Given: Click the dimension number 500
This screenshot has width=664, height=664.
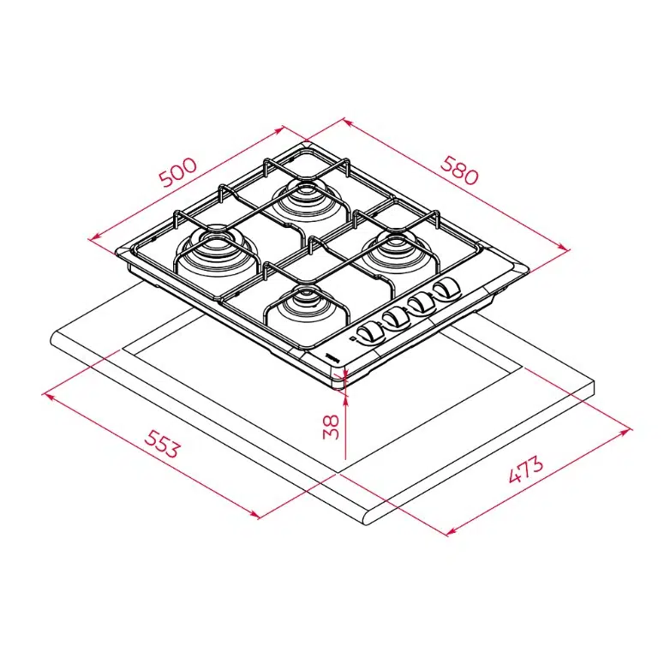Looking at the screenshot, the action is point(178,172).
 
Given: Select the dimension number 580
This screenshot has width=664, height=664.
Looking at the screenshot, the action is point(459,170).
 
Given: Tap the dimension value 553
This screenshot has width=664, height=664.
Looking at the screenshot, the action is point(161,444).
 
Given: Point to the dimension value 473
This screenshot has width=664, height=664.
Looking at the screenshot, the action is point(525,470).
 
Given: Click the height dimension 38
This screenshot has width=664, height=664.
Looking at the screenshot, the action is point(332,427).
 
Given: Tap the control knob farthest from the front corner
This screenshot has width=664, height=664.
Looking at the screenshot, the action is point(445,288).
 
